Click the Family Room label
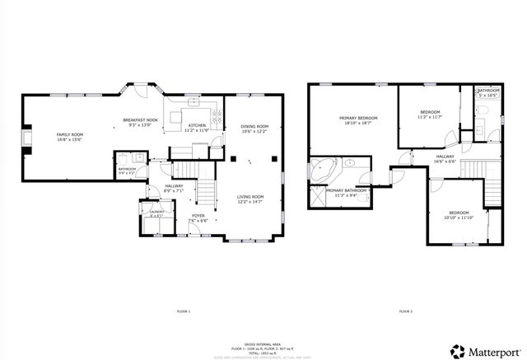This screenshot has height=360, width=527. coord(69,134)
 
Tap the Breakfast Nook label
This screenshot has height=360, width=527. coord(140,120)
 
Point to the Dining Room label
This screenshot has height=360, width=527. coord(255,126)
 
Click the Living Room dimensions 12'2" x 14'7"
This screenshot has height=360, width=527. coord(250,202)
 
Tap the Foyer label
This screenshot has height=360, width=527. coord(198,215)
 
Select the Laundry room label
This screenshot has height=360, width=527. coord(156,213)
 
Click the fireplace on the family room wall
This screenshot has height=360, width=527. coord(26,136)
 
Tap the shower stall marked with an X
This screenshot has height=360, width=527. coord(317,196)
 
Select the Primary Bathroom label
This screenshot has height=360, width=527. coord(346,190)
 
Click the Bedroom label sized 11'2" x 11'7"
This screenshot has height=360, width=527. coord(431,113)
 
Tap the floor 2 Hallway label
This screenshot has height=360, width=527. coord(445,157)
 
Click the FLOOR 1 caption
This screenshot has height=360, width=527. coord(183,311)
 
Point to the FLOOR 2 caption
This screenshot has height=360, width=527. coord(405,311)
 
